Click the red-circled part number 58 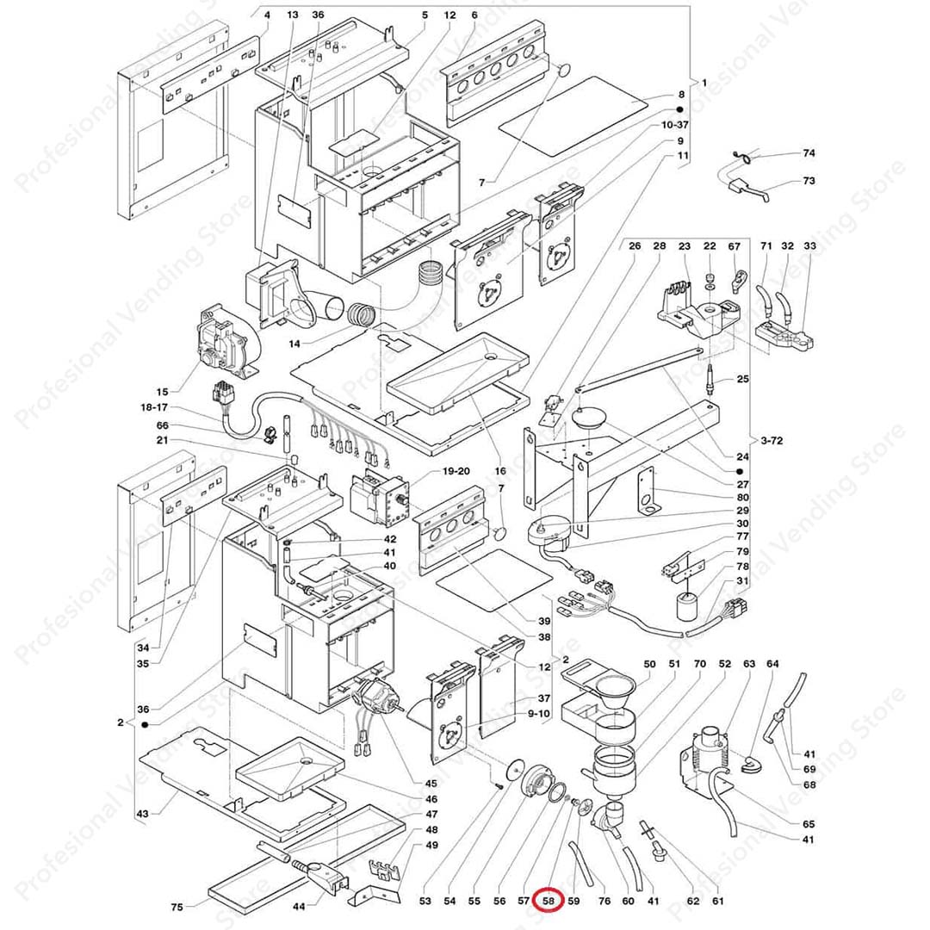point(550,902)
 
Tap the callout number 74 point(809,153)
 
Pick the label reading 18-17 point(156,407)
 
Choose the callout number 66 point(163,425)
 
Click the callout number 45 point(431,783)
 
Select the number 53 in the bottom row point(425,902)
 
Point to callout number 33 point(809,246)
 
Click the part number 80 point(742,497)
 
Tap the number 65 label point(809,824)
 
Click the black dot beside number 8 point(679,110)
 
